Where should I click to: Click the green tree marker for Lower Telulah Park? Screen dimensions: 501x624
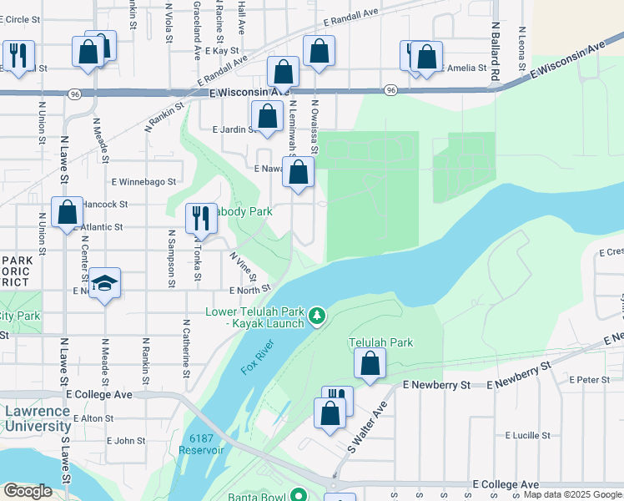[316, 316]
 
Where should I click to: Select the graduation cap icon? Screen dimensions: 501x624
[104, 283]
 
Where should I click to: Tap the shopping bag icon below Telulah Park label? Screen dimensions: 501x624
[370, 363]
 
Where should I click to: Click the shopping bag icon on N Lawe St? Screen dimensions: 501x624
[67, 212]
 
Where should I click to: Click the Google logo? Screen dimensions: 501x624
[27, 491]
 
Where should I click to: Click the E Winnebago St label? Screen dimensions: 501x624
[143, 180]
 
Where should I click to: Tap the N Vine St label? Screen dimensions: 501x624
[244, 267]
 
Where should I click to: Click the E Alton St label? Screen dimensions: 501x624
[93, 417]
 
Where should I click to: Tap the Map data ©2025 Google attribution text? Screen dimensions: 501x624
[572, 494]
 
